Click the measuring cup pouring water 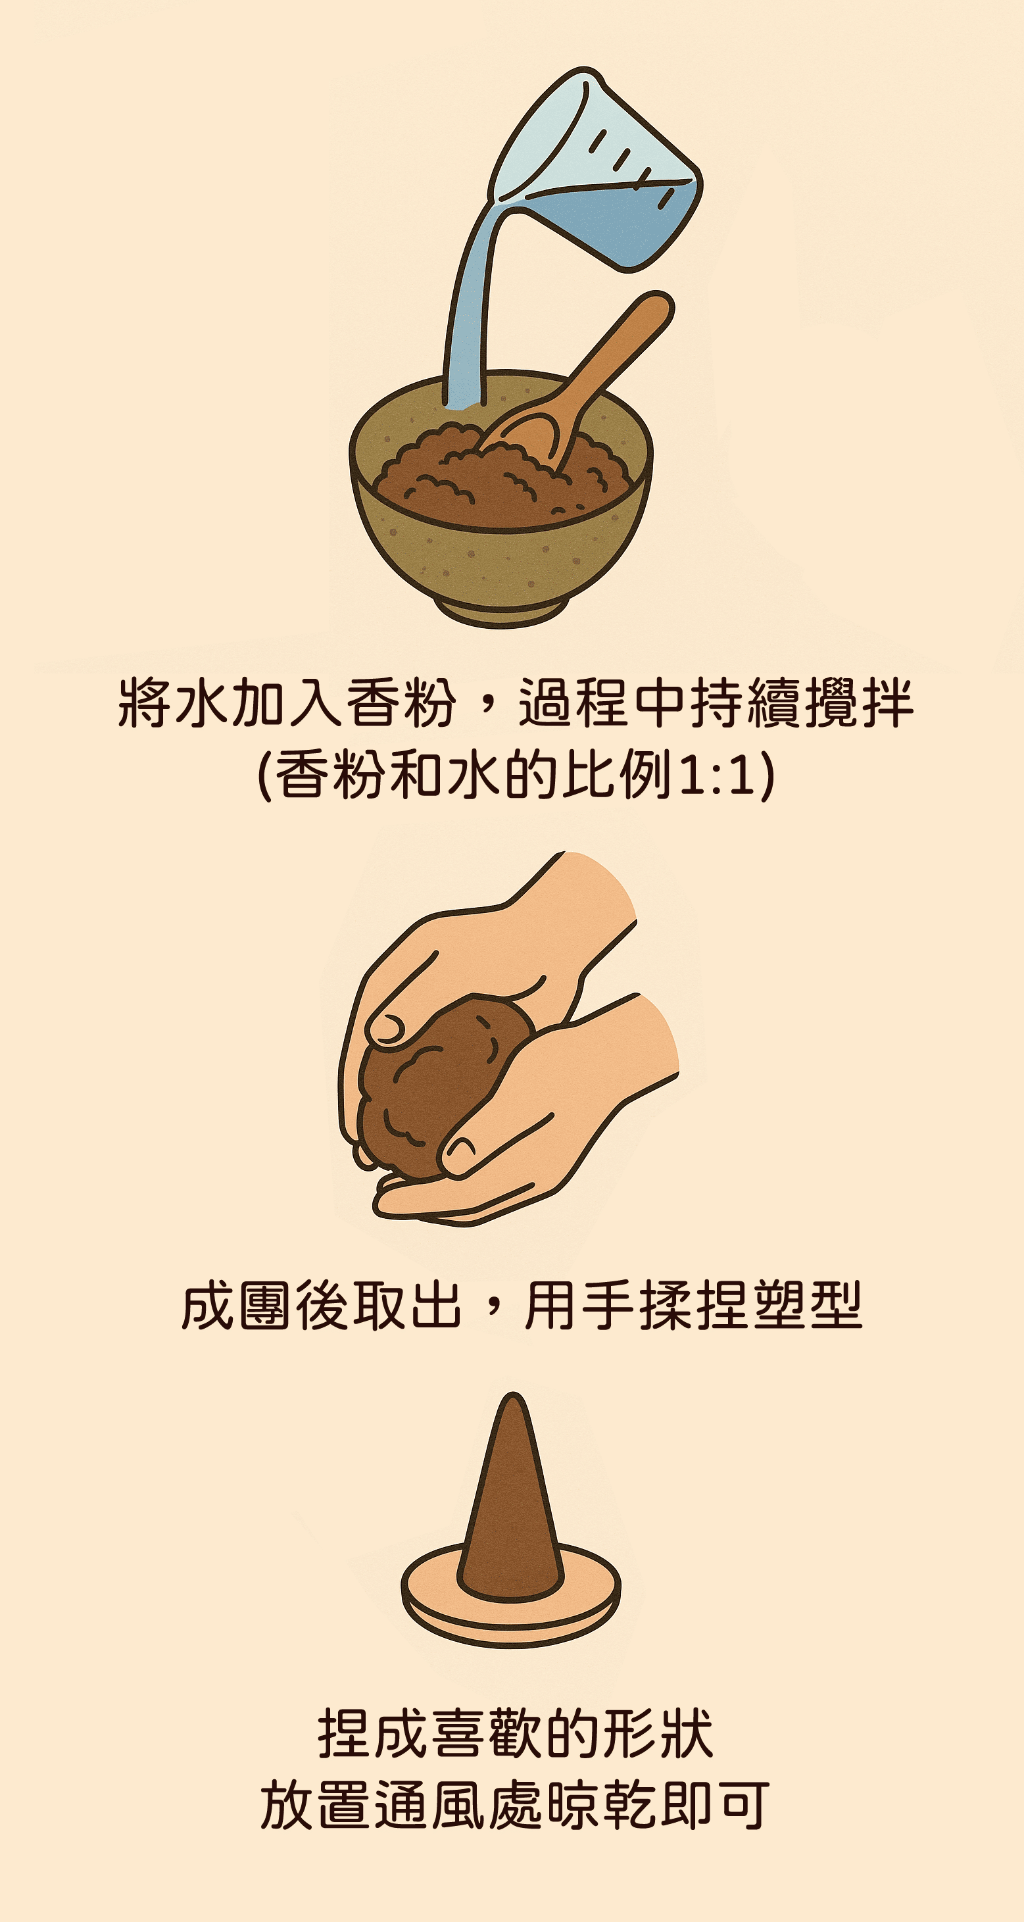tap(597, 172)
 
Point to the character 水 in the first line tap(201, 703)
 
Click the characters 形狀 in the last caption tap(656, 1734)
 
